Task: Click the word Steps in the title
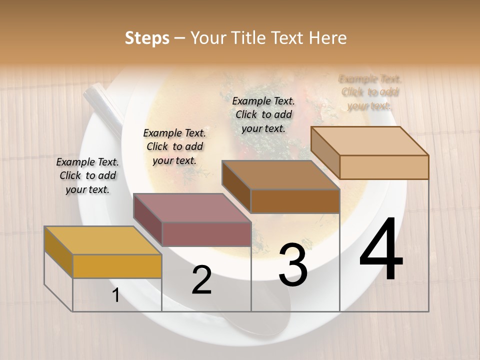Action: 147,38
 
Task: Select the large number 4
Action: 381,250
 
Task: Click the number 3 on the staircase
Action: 293,265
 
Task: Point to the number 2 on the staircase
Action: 201,280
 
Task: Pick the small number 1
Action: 116,295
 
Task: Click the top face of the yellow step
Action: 102,240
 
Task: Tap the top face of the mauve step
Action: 192,208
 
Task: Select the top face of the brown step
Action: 280,175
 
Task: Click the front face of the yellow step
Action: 117,266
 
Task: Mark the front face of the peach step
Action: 384,167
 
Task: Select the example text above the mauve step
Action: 174,146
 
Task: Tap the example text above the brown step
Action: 263,114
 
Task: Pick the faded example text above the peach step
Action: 370,92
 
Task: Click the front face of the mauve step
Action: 206,234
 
